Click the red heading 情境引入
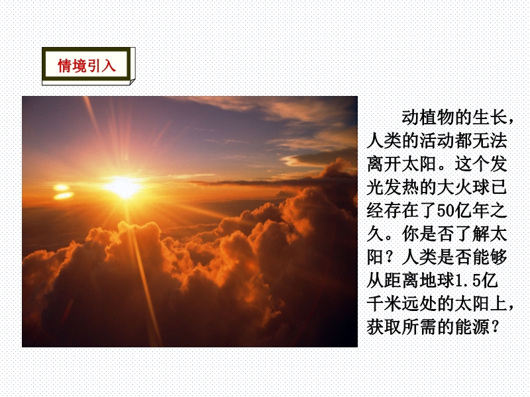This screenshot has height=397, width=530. tap(87, 66)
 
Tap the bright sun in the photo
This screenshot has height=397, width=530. tap(123, 187)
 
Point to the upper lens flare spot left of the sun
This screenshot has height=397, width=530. tap(61, 187)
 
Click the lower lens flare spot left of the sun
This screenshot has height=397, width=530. tap(64, 195)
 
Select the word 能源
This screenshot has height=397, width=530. tap(472, 328)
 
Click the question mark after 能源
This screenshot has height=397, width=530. tap(494, 328)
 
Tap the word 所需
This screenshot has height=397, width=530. tap(419, 328)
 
